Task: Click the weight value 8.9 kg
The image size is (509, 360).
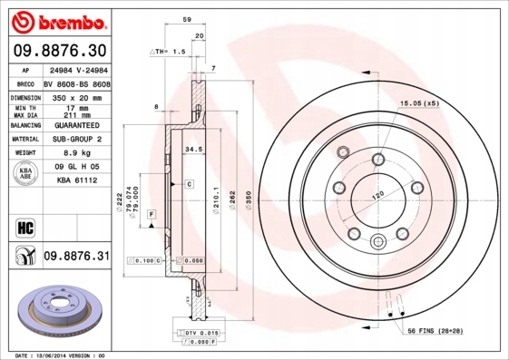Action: tap(75, 154)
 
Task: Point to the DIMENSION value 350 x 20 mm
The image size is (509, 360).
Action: tap(76, 95)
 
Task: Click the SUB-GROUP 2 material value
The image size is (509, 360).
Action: tap(76, 140)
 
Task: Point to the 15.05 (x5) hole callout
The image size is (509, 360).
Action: tap(418, 104)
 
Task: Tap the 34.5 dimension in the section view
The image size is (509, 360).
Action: tap(192, 147)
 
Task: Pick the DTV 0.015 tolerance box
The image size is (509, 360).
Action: tap(183, 335)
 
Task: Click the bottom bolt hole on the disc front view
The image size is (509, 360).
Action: tap(377, 240)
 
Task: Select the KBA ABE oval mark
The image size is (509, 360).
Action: tap(26, 174)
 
